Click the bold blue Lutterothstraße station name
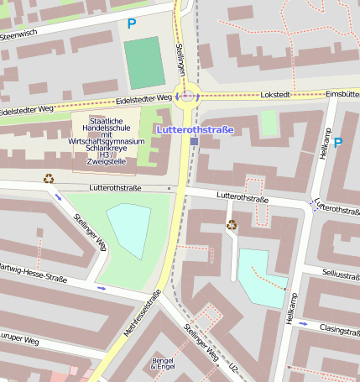click(195, 129)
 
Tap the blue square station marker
click(194, 142)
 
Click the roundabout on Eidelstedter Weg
click(187, 96)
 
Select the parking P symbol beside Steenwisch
click(131, 24)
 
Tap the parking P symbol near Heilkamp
click(337, 143)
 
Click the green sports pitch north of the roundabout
click(144, 62)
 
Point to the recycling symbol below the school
click(49, 178)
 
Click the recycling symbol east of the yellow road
click(232, 224)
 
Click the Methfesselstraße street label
click(142, 316)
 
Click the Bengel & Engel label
click(163, 364)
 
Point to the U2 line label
click(234, 369)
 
